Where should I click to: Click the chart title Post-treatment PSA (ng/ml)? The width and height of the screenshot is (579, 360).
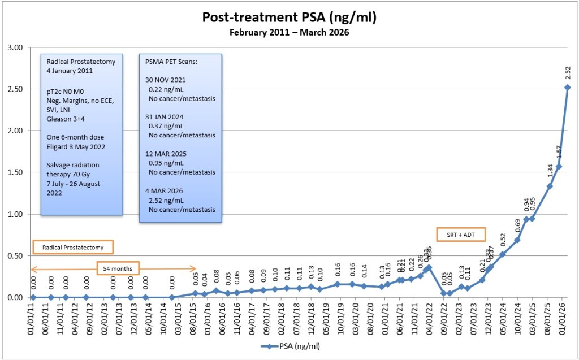pos(289,18)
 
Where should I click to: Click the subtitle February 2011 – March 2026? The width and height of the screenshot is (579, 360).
pos(289,32)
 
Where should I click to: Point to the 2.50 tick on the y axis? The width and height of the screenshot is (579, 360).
pos(14,89)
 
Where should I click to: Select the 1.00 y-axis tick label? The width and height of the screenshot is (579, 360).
pos(14,214)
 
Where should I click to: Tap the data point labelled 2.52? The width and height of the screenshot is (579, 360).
pos(567,88)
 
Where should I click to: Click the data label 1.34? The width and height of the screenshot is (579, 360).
pos(549,171)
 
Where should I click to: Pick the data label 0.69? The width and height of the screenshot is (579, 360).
pos(517,225)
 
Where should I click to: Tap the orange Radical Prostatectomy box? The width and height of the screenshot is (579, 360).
pos(73,247)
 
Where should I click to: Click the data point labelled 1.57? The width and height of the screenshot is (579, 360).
pos(559,167)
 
